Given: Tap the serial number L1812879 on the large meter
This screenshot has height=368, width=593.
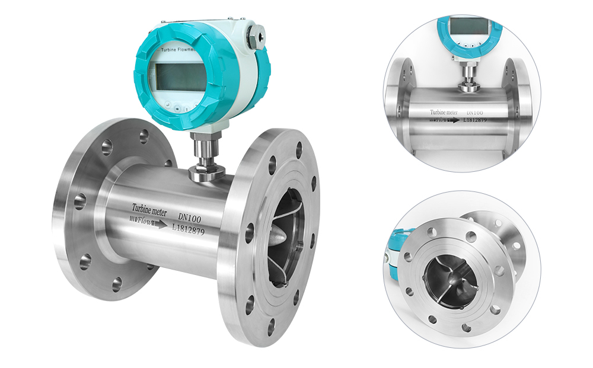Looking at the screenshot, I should click(187, 230).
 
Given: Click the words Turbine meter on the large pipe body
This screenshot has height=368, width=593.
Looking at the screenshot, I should click(151, 209).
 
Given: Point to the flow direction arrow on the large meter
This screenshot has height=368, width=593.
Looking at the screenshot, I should click(160, 224).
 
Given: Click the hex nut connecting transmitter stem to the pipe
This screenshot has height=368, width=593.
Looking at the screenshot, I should click(205, 172).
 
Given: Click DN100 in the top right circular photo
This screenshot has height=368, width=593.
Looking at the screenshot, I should click(476, 111).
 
